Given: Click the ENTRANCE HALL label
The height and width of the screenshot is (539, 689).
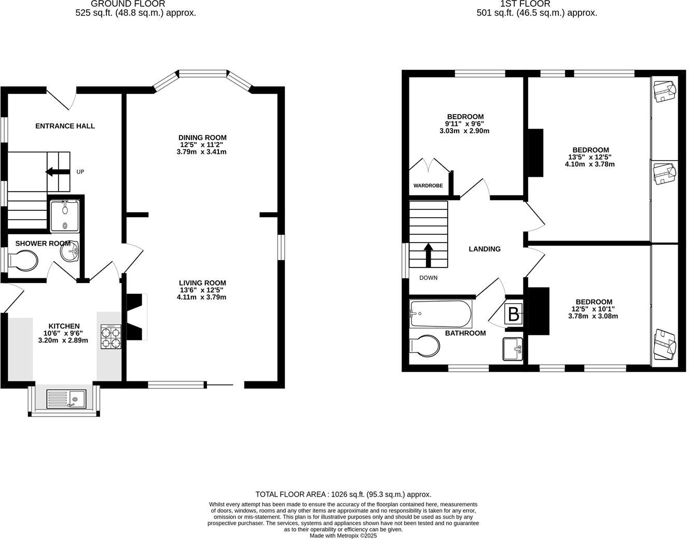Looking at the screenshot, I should tap(65, 126).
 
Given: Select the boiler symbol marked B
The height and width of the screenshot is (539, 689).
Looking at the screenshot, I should tap(513, 315).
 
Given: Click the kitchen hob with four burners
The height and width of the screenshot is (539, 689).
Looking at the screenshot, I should tap(110, 336).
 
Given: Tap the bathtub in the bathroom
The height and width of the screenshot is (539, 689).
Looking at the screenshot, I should tap(440, 314).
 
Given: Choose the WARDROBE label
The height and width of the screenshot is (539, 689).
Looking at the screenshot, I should tap(428, 186).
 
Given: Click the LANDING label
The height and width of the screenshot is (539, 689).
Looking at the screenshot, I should tap(485, 249).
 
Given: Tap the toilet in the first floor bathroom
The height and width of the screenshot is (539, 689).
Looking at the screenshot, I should tap(425, 346).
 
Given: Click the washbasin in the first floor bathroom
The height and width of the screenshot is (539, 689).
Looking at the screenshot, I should tap(512, 349).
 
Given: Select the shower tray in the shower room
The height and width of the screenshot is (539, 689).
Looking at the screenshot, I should tap(65, 216).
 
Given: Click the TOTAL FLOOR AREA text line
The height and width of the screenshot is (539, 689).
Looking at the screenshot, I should tap(343, 494).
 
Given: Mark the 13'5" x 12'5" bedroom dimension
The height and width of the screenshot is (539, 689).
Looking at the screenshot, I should tap(589, 157).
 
